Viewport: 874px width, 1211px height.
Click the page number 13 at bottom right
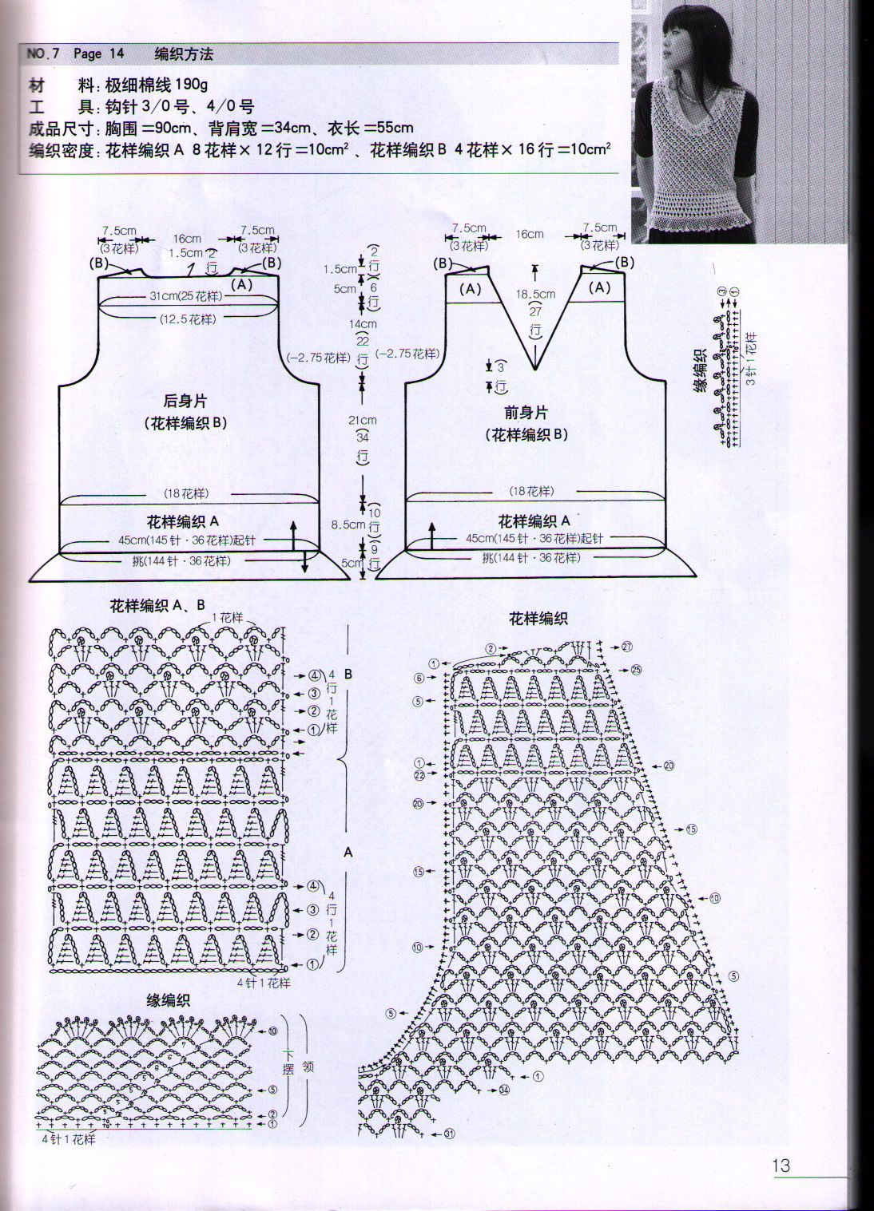coord(781,1165)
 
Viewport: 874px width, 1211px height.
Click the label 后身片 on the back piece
coord(185,402)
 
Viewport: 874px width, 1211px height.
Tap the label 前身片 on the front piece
coord(526,413)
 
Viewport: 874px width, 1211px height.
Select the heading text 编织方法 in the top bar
coord(184,54)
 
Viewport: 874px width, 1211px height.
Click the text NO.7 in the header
coord(43,54)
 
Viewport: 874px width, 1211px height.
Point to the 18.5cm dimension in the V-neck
coord(534,295)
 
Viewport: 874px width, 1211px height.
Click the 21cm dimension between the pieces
coord(362,420)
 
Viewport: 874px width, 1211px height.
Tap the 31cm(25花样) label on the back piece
coord(185,296)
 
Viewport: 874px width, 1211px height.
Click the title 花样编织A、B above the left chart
coord(157,606)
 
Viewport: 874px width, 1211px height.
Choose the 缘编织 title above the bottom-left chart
coord(168,1000)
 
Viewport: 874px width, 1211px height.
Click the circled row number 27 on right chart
coord(626,647)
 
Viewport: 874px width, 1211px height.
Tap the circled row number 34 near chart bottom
coord(503,1090)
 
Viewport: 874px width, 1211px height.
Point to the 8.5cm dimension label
coord(348,525)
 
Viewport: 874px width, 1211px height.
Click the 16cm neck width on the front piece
coord(530,234)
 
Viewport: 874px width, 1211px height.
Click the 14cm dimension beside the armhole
coord(362,324)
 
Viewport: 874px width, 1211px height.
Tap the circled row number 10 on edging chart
coord(272,1031)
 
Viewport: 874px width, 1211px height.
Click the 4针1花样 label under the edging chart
coord(69,1139)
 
